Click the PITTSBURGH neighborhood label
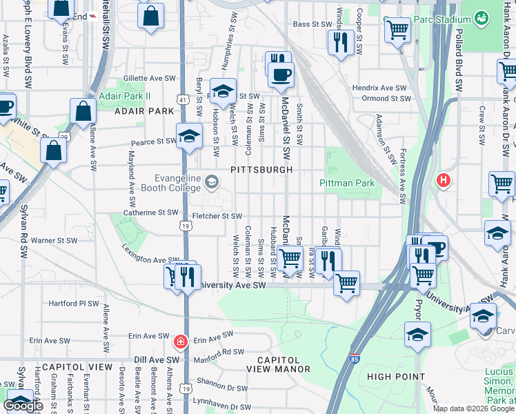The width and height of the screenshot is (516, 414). [x=261, y=170]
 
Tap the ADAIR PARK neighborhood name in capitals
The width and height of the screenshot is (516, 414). [x=144, y=111]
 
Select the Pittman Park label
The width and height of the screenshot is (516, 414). [x=347, y=183]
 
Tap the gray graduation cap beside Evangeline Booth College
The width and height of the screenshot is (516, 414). [x=212, y=182]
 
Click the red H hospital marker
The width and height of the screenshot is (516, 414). [x=443, y=181]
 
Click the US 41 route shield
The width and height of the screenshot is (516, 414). [x=181, y=100]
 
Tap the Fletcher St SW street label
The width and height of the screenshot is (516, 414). [x=217, y=216]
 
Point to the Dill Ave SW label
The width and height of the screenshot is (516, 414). [x=157, y=359]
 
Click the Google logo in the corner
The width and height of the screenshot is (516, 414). [x=23, y=406]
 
